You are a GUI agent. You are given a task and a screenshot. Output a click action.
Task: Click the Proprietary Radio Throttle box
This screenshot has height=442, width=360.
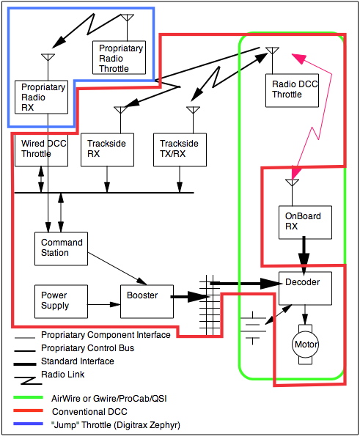tap(121, 57)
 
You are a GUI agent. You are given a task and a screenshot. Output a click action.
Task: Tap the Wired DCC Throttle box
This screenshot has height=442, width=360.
tap(42, 149)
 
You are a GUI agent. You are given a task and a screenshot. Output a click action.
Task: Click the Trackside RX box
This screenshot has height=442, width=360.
tap(107, 149)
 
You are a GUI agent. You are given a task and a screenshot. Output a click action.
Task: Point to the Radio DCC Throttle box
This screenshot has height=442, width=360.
tap(291, 89)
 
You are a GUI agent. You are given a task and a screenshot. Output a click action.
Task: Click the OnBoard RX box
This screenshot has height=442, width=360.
tap(304, 222)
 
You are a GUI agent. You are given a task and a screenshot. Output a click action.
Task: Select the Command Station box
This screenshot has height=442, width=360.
tap(62, 248)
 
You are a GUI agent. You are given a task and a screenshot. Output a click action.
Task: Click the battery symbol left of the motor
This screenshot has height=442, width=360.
tap(254, 328)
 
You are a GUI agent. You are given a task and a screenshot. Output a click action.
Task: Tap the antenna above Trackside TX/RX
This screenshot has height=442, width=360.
tap(193, 111)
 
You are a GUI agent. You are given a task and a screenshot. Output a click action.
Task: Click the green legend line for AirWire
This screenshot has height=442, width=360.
tap(24, 399)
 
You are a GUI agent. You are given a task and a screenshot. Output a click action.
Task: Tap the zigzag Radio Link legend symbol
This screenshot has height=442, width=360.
tap(25, 376)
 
